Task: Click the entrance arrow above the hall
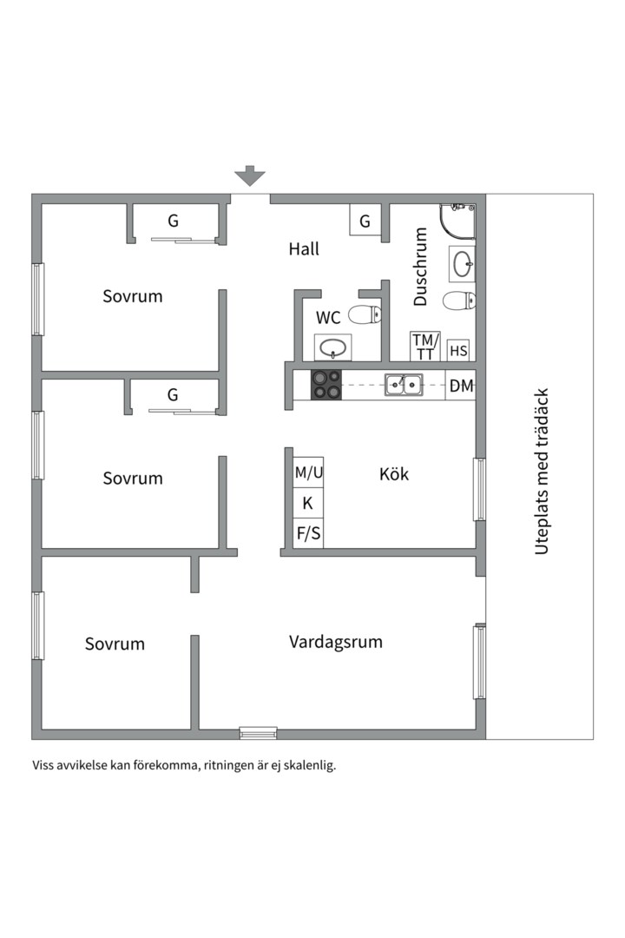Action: click(x=250, y=176)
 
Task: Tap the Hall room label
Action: click(x=304, y=249)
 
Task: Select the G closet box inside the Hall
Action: click(x=365, y=221)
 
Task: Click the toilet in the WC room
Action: click(x=365, y=314)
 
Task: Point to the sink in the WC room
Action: click(x=332, y=349)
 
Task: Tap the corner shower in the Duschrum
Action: click(x=459, y=221)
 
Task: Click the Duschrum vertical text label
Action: click(x=421, y=267)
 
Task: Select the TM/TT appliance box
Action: click(x=425, y=347)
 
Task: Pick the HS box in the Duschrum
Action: click(x=459, y=351)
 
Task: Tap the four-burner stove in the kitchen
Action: click(x=326, y=385)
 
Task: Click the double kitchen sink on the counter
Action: click(x=404, y=383)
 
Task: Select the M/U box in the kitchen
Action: click(x=308, y=473)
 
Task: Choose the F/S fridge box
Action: click(x=308, y=533)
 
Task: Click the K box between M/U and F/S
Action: click(x=308, y=503)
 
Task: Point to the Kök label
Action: click(x=394, y=474)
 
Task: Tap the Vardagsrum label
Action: click(x=335, y=643)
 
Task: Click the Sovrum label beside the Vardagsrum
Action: click(x=115, y=644)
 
